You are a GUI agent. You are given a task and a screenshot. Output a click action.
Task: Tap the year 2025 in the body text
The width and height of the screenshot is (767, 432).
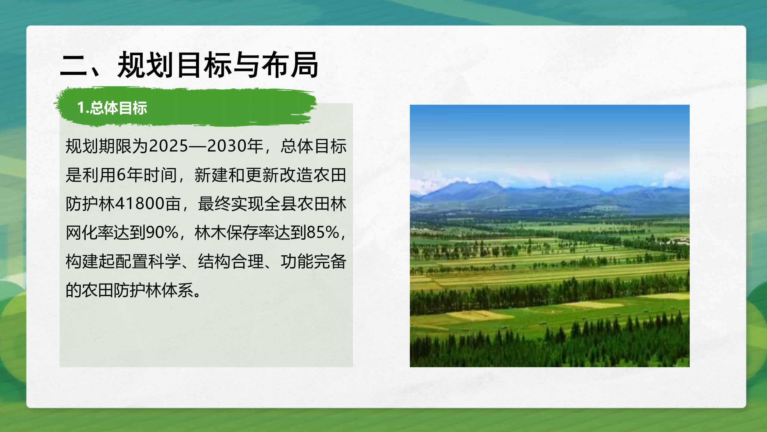coord(168,146)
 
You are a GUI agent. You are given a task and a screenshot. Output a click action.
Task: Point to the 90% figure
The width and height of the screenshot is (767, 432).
coord(162,232)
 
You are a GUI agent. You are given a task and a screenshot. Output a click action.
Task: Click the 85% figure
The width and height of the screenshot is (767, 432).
coord(323,232)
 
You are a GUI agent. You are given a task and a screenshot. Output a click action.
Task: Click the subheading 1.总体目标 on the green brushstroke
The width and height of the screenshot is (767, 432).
coord(112,108)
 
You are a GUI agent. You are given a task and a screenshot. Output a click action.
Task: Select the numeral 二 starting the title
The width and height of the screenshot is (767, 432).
coord(73,65)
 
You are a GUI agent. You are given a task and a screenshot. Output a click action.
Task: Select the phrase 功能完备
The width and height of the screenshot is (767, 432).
coord(314,261)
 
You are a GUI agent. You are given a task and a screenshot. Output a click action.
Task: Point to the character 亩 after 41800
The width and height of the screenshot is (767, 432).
coord(173,204)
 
